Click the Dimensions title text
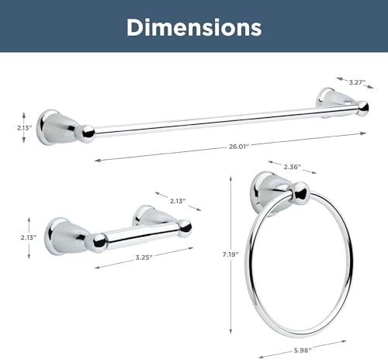194,27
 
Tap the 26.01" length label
238,147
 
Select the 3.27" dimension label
357,82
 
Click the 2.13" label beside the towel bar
25,127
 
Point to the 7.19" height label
230,254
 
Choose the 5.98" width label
303,351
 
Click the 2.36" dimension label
293,167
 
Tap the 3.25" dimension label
144,258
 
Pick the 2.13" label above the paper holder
178,201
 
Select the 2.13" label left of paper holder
29,237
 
